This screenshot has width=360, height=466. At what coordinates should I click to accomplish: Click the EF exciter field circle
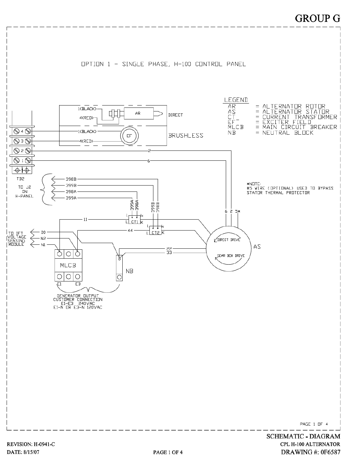(129, 136)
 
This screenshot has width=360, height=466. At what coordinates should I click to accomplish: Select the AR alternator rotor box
(139, 113)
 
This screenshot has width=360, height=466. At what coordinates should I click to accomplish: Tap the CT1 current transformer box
(135, 220)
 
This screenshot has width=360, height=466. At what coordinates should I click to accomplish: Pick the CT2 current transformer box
(155, 230)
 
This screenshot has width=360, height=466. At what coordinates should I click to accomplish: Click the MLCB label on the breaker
(68, 266)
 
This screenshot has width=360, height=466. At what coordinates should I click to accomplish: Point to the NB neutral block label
(130, 271)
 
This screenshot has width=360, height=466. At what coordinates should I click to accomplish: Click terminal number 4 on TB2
(22, 131)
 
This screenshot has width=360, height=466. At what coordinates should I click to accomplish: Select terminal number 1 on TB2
(22, 161)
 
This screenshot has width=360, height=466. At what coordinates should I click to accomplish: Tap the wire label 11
(85, 219)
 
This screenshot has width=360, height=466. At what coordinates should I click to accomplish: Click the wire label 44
(130, 230)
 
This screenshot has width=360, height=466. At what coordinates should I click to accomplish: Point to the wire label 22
(169, 249)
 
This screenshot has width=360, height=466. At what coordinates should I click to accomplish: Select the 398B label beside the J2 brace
(71, 179)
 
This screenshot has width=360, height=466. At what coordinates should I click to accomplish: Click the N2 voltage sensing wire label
(43, 238)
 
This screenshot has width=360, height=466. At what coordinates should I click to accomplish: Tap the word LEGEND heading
(236, 100)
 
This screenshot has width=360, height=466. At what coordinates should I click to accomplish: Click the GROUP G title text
(317, 19)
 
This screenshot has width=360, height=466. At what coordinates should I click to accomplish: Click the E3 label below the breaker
(78, 284)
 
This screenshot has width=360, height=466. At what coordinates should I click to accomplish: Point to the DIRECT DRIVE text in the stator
(229, 240)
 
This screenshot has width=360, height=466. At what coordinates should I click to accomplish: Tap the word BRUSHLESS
(185, 136)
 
